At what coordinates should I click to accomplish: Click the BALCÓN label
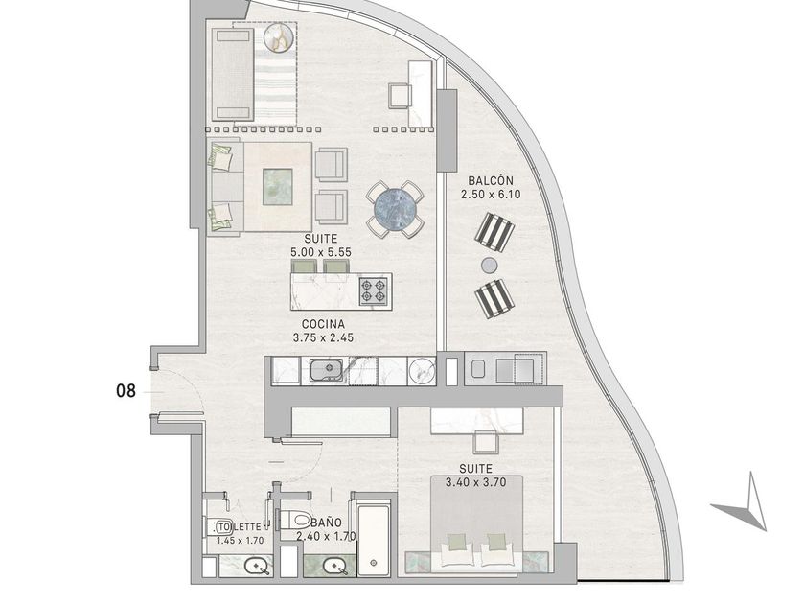[x=491, y=181]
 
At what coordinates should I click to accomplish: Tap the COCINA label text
[x=323, y=324]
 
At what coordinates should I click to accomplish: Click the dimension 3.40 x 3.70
[x=476, y=482]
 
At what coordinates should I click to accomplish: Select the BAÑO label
[x=327, y=523]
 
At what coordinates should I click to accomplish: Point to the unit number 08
[x=126, y=391]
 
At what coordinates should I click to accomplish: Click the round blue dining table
[x=395, y=209]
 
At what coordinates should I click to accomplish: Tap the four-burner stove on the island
[x=373, y=291]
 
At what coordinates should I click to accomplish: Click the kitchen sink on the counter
[x=326, y=370]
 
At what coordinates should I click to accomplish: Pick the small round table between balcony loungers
[x=490, y=265]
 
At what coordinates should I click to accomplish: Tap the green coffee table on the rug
[x=278, y=187]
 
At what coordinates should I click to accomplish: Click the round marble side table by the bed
[x=278, y=38]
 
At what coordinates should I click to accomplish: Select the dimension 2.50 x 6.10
[x=491, y=194]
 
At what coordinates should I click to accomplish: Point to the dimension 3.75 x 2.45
[x=323, y=337]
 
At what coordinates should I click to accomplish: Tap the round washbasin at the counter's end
[x=422, y=370]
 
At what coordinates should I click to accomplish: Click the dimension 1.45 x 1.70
[x=240, y=541]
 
